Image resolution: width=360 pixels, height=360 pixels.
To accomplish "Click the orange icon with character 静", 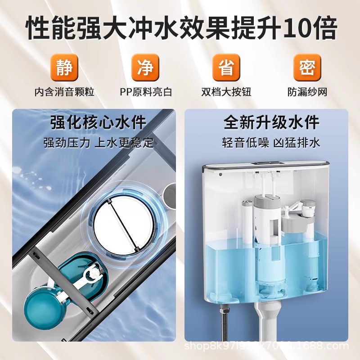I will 64,67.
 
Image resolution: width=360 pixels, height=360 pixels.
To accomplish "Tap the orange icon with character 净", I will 145,67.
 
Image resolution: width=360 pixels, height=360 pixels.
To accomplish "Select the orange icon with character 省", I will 226,67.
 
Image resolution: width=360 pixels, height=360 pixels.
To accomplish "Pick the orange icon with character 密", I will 307,67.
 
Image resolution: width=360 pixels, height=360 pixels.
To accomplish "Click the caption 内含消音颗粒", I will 64,92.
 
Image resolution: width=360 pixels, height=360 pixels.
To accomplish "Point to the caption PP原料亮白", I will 145,92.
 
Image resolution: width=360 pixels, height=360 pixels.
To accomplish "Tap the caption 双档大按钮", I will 226,92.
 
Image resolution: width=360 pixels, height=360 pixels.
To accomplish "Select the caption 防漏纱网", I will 307,92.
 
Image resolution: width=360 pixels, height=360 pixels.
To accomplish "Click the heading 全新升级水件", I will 271,122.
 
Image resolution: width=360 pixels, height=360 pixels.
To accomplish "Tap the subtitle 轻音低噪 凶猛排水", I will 271,143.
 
